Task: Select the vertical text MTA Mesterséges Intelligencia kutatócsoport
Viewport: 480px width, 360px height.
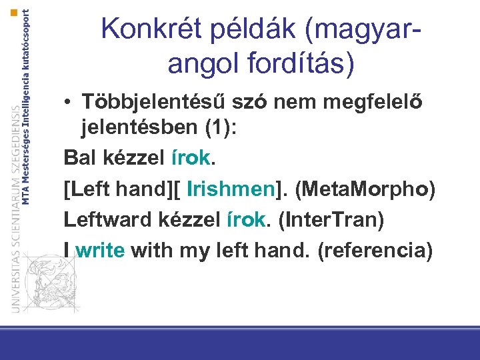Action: [x=26, y=107]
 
